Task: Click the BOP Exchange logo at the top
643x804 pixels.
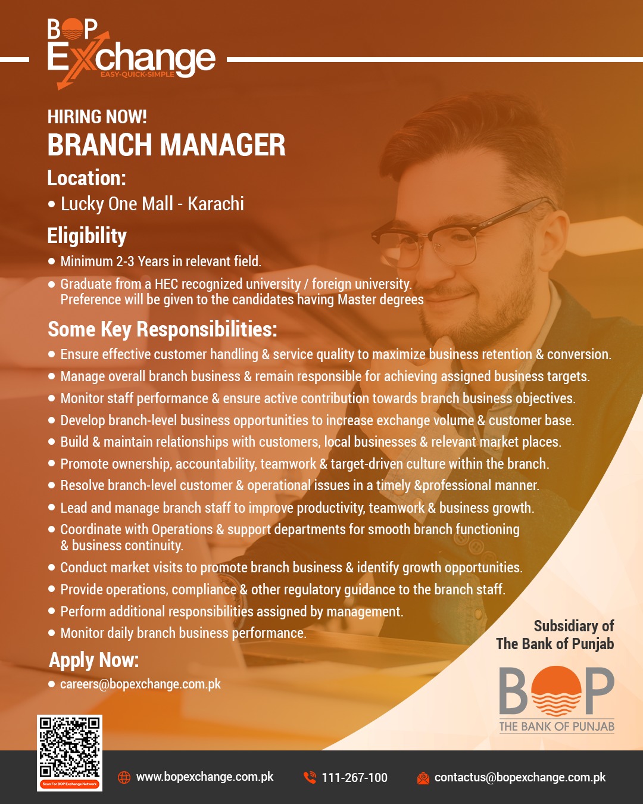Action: pyautogui.click(x=131, y=54)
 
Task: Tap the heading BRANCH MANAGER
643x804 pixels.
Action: pyautogui.click(x=167, y=145)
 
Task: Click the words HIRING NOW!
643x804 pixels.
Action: pyautogui.click(x=97, y=117)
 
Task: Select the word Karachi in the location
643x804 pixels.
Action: pyautogui.click(x=216, y=204)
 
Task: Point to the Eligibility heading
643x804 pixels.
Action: pyautogui.click(x=87, y=236)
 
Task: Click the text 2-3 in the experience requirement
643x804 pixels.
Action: pyautogui.click(x=125, y=261)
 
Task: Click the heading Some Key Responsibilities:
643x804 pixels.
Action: pyautogui.click(x=163, y=329)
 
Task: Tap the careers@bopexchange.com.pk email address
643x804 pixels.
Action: pyautogui.click(x=141, y=684)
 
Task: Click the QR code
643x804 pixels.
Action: pyautogui.click(x=70, y=752)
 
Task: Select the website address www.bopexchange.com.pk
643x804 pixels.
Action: pyautogui.click(x=205, y=777)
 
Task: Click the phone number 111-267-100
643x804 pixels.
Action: pyautogui.click(x=355, y=777)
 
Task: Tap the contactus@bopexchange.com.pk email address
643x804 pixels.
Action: pyautogui.click(x=520, y=777)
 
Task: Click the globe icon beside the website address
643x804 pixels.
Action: pyautogui.click(x=124, y=777)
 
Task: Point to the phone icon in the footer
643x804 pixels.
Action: pyautogui.click(x=310, y=777)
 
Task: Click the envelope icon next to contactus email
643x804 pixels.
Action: pyautogui.click(x=423, y=778)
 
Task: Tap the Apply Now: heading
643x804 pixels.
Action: pyautogui.click(x=94, y=660)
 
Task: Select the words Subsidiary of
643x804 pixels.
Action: pyautogui.click(x=574, y=626)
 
